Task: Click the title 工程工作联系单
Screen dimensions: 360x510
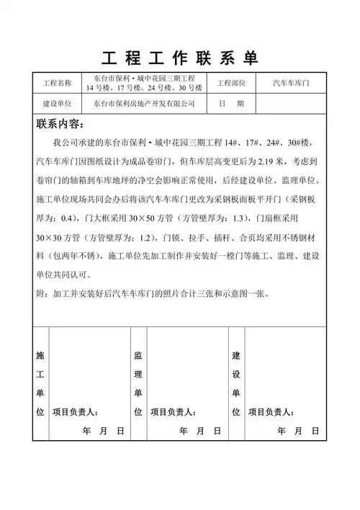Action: pyautogui.click(x=180, y=58)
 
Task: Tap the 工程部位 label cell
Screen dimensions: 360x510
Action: pyautogui.click(x=232, y=83)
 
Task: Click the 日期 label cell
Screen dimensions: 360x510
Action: pyautogui.click(x=231, y=104)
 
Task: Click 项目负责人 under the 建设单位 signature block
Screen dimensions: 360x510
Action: pyautogui.click(x=270, y=413)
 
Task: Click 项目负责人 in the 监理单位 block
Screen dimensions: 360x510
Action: pyautogui.click(x=173, y=413)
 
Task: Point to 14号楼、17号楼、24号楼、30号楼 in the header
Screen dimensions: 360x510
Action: pyautogui.click(x=144, y=88)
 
